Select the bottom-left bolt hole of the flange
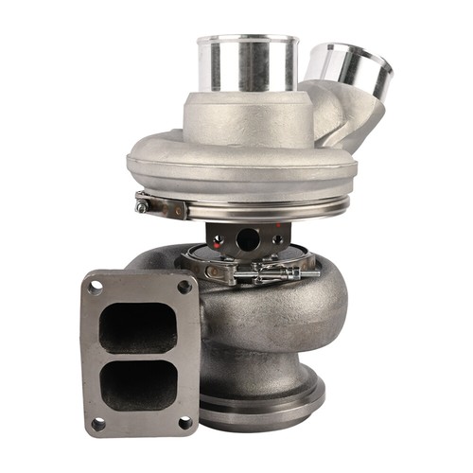pyautogui.click(x=97, y=423)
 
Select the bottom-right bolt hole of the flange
pyautogui.click(x=184, y=422)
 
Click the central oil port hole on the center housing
pyautogui.click(x=248, y=239)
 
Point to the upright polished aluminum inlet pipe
pyautogui.click(x=247, y=66)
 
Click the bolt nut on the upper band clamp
pyautogui.click(x=143, y=203)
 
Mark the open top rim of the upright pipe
pyautogui.click(x=247, y=40)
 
